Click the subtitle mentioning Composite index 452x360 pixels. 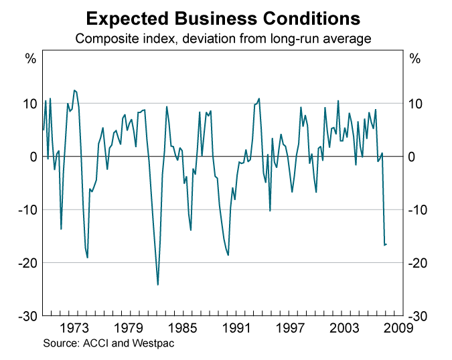(x=223, y=39)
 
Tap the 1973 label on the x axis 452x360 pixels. (x=74, y=328)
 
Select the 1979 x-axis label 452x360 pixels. (x=129, y=328)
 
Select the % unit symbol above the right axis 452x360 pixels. (x=415, y=59)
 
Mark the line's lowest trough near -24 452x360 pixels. (x=158, y=284)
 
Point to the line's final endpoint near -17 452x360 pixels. (x=386, y=244)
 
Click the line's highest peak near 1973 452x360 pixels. (x=74, y=90)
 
